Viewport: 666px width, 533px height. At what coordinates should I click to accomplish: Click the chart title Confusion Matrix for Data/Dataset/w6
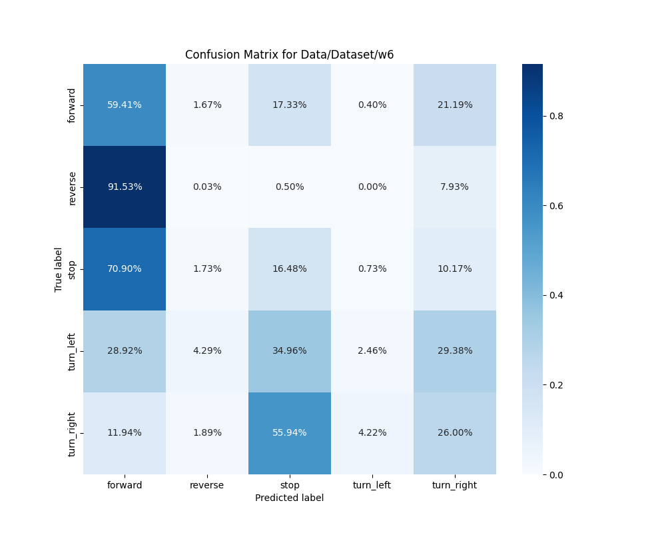click(289, 55)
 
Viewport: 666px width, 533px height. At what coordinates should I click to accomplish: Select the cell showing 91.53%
click(125, 187)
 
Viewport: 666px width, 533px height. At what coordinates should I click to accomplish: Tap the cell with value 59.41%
click(125, 105)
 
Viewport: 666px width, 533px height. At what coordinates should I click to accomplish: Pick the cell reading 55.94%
click(290, 432)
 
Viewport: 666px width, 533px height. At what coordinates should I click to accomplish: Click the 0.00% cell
click(372, 187)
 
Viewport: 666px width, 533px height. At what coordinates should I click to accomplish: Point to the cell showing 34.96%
click(290, 350)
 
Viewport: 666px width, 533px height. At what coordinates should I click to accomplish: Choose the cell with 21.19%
click(455, 105)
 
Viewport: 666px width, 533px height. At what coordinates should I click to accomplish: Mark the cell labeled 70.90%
click(125, 268)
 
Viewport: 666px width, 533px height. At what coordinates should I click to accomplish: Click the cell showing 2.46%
click(372, 350)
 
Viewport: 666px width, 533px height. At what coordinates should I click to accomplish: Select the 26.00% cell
click(455, 432)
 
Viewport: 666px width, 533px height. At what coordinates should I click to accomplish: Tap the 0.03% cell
click(207, 187)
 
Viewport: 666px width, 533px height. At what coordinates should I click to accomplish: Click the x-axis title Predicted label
click(289, 498)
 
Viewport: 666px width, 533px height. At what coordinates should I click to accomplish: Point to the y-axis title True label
click(59, 269)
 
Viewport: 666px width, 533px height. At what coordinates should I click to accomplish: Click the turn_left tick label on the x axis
click(372, 485)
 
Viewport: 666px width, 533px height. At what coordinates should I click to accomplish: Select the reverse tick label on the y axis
click(72, 187)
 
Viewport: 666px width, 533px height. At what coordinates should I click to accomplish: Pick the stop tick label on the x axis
click(290, 485)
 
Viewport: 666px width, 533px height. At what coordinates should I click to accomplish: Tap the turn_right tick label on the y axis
click(72, 434)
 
